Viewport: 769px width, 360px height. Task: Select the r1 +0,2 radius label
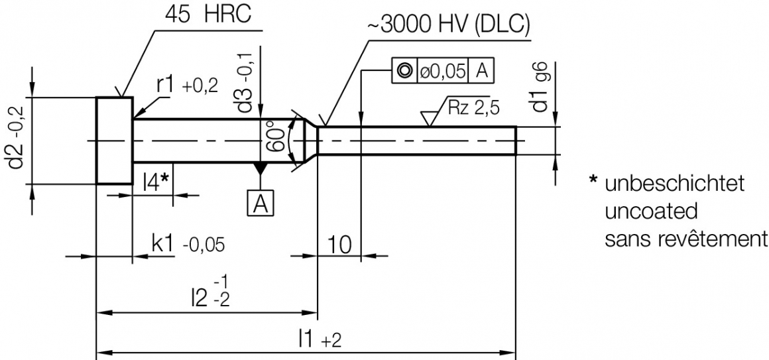(187, 85)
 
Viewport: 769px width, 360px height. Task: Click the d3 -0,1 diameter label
(247, 76)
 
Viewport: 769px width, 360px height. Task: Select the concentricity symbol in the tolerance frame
(404, 70)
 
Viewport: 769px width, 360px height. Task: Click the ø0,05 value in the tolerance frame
(441, 70)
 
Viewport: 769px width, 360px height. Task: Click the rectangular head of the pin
(114, 141)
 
